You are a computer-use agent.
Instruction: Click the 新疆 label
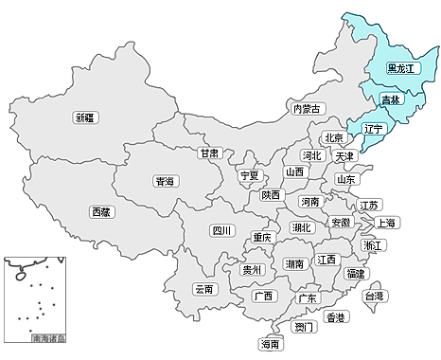(86, 117)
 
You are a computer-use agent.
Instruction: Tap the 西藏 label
(100, 211)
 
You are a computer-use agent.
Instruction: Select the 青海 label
(165, 180)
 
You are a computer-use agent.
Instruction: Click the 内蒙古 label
(308, 109)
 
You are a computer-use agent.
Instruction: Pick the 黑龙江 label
(402, 68)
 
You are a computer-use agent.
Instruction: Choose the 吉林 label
(391, 99)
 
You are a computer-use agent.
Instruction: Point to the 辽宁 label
(373, 128)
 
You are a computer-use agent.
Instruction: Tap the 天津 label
(344, 155)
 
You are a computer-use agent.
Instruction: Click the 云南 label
(204, 288)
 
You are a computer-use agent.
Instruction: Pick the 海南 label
(271, 345)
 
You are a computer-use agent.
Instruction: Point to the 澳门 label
(304, 327)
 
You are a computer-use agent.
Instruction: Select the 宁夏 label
(250, 175)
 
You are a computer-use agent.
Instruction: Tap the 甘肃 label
(210, 152)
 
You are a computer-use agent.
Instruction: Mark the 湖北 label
(302, 227)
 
